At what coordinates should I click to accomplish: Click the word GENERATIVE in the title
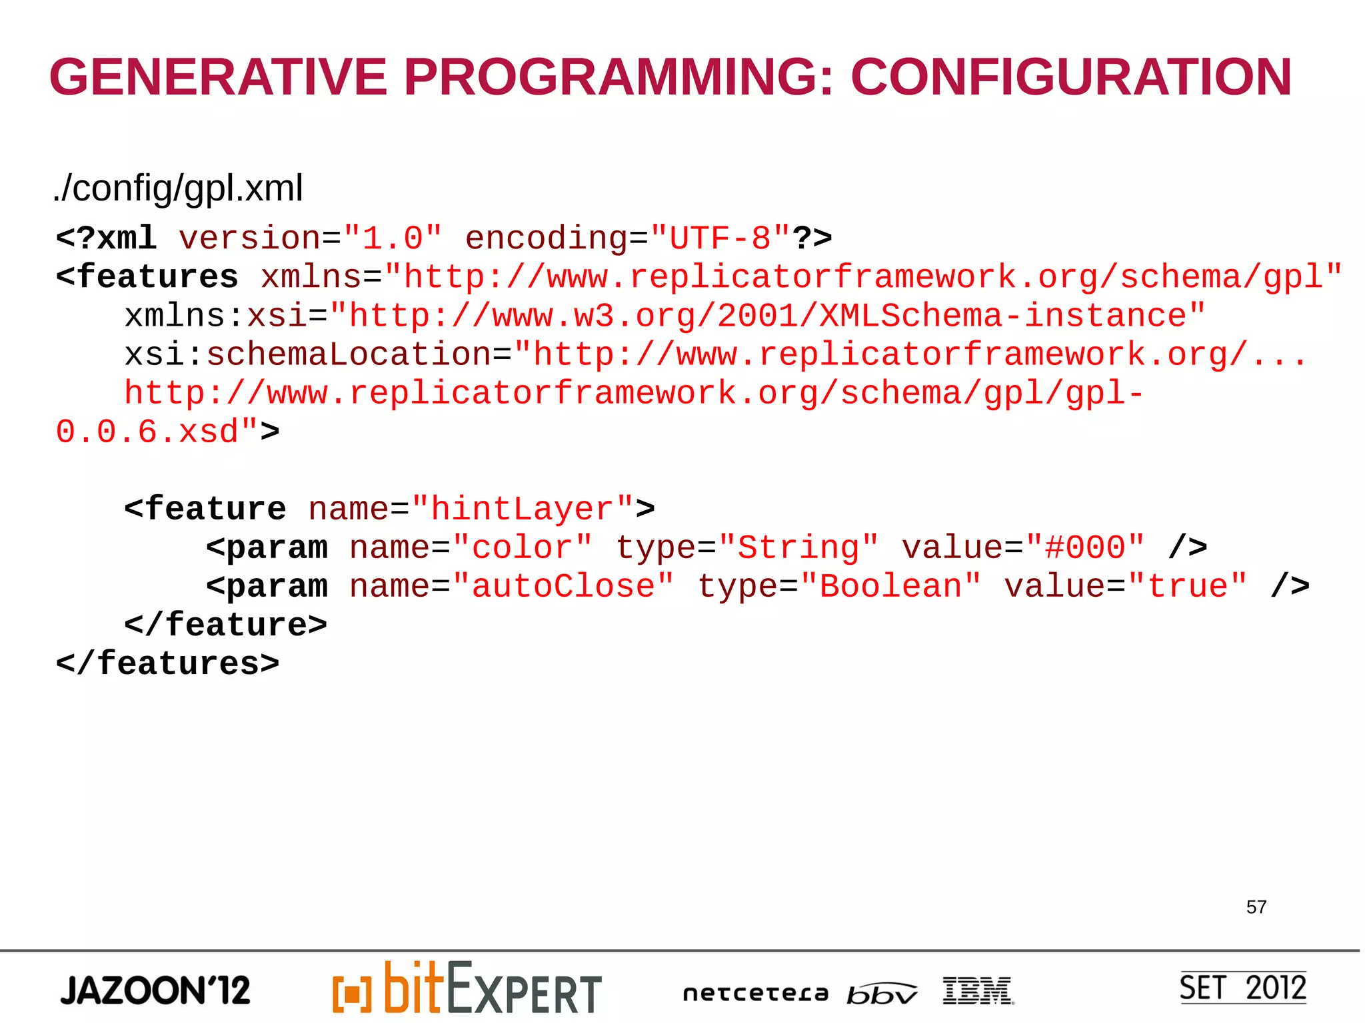(x=218, y=77)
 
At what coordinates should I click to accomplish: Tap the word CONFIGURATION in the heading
(x=1071, y=77)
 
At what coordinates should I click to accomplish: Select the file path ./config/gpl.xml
(x=178, y=188)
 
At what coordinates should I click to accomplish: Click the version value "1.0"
(x=393, y=238)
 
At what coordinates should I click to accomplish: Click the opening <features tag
(x=147, y=277)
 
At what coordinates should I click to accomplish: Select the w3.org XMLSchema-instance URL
(x=767, y=316)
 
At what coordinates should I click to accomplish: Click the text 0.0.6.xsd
(x=147, y=432)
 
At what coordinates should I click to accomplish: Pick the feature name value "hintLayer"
(x=523, y=510)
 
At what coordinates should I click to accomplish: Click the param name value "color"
(x=522, y=548)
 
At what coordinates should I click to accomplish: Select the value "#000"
(x=1085, y=548)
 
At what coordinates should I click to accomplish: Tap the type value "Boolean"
(x=890, y=587)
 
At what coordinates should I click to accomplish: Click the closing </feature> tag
(x=226, y=625)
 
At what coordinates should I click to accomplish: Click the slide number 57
(x=1256, y=907)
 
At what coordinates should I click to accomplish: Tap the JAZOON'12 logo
(x=155, y=990)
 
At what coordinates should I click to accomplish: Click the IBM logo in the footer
(x=978, y=991)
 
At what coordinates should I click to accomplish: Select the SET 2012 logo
(x=1242, y=988)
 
